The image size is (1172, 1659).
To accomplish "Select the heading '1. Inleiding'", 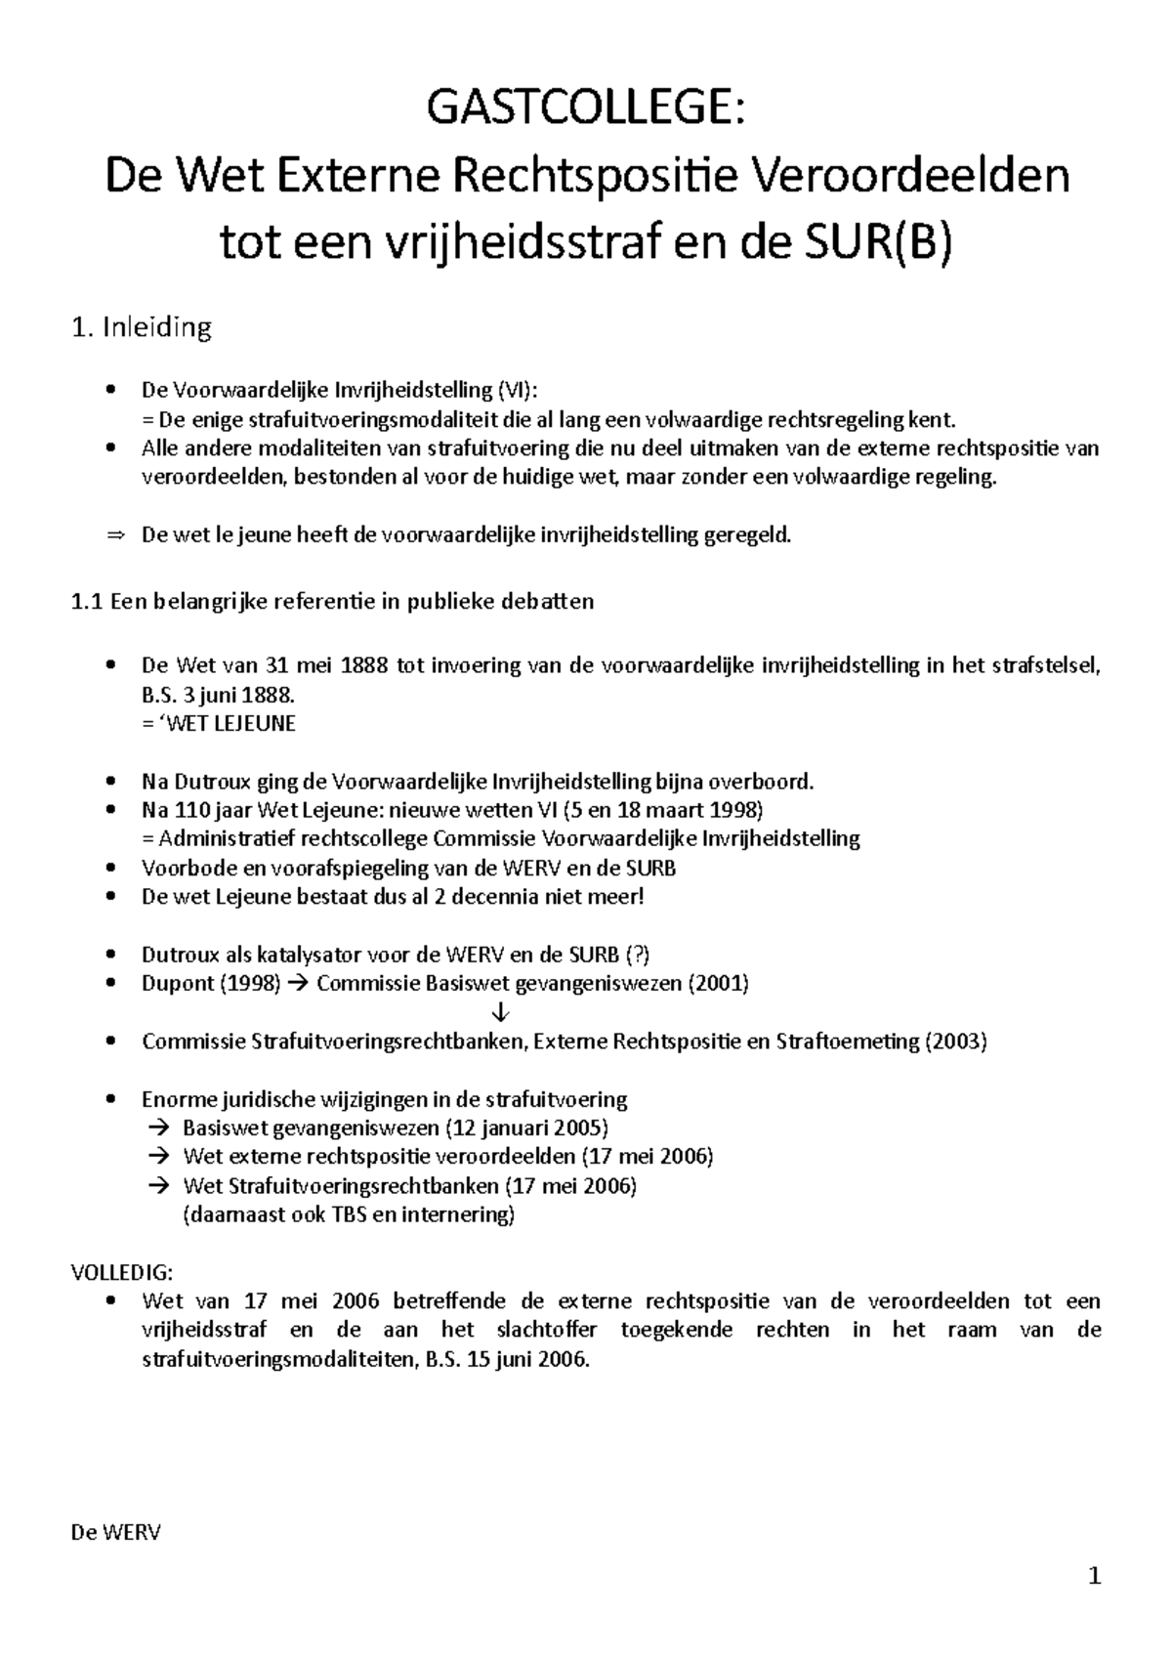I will click(x=142, y=327).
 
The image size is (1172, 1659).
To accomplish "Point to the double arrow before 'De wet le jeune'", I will click(x=115, y=535).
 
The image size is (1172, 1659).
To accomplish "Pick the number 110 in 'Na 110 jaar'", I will click(x=191, y=810).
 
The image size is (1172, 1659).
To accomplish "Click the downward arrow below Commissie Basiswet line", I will click(x=501, y=1011).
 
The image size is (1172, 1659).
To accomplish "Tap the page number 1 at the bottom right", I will click(x=1095, y=1576).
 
